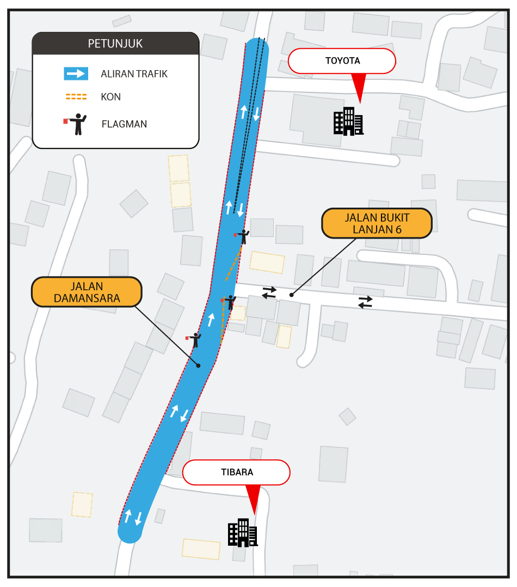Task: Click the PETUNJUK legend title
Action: (115, 44)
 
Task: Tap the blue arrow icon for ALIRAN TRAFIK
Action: (76, 74)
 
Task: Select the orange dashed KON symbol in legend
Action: (76, 97)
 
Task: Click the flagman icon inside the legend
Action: (76, 124)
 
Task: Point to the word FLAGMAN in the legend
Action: (124, 124)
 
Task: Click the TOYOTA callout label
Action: (342, 61)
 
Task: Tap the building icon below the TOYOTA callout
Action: (348, 121)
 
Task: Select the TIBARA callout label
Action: (237, 472)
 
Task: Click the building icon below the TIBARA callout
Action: (243, 532)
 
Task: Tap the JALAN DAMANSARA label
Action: (87, 292)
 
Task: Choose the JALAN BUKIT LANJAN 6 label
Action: (377, 223)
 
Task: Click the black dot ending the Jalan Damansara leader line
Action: (198, 365)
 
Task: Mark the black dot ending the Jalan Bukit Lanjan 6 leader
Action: (291, 295)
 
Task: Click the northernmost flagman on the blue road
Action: (243, 236)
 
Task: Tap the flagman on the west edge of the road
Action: (194, 340)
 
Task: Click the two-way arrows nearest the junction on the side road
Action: (269, 293)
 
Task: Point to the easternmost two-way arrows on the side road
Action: (366, 302)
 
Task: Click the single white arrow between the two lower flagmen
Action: (211, 320)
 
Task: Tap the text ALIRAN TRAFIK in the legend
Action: (134, 74)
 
